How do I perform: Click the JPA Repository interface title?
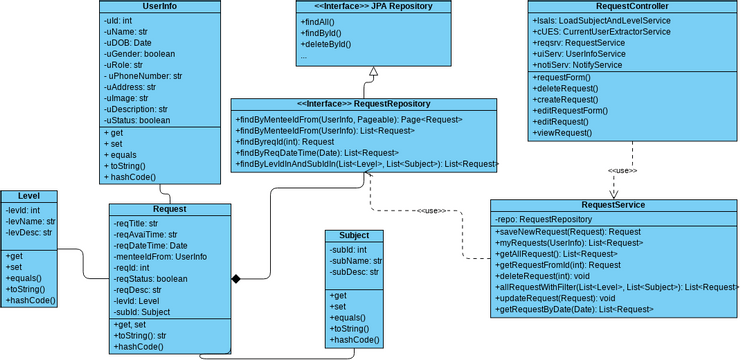[x=371, y=6]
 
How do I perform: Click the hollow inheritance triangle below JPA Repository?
[x=372, y=72]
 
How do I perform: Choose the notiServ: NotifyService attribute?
[x=578, y=65]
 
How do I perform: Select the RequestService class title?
[x=612, y=205]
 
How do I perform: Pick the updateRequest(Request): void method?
[x=556, y=298]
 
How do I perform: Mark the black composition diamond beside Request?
[x=236, y=277]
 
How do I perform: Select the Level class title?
[x=29, y=196]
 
